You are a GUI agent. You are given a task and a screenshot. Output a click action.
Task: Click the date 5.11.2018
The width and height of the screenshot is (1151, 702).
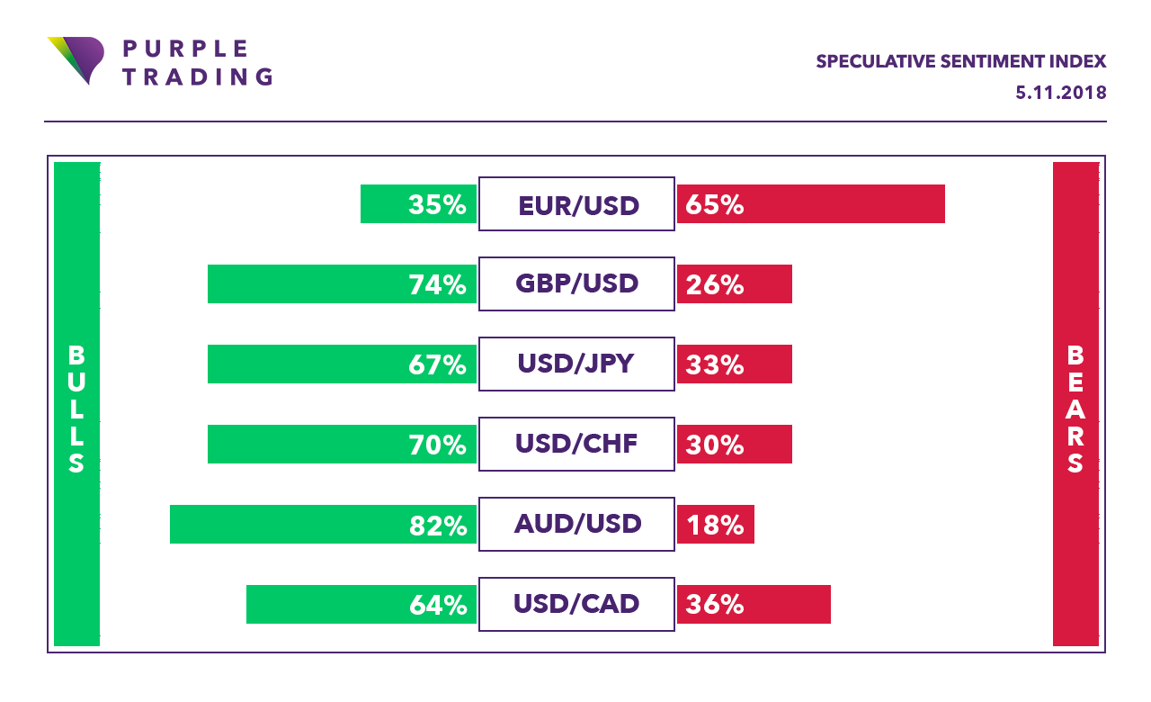(1060, 93)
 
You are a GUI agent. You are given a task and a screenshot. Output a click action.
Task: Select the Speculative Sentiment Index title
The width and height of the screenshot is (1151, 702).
(960, 61)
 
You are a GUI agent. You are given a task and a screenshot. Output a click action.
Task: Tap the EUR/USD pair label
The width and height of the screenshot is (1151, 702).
(576, 204)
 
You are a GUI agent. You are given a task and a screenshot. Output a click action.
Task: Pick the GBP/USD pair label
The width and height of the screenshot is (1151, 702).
(576, 284)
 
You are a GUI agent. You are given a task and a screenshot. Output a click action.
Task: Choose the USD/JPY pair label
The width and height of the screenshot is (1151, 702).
(576, 364)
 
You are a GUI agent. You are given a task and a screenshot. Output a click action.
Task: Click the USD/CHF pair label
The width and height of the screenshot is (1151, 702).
(576, 444)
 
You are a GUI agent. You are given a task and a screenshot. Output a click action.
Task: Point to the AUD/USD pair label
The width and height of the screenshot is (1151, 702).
(576, 524)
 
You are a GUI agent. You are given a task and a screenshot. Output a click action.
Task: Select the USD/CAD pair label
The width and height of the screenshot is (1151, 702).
(576, 604)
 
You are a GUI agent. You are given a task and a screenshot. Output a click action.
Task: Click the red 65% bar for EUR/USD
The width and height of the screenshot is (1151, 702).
(810, 204)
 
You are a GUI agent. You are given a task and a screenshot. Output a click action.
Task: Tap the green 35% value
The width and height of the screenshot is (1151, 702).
(437, 204)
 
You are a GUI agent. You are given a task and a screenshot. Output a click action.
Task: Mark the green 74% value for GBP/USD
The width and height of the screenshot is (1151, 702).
(437, 284)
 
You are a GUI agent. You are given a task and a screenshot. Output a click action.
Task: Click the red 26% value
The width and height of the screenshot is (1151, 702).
(715, 284)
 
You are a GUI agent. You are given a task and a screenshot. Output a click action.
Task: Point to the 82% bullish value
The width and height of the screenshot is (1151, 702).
(437, 524)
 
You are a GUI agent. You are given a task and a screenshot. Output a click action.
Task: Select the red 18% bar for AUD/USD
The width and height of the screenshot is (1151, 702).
(716, 524)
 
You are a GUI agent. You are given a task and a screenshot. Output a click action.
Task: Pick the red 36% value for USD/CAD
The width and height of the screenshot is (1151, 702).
(715, 604)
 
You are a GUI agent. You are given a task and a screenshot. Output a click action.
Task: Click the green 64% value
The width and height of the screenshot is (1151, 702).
(437, 604)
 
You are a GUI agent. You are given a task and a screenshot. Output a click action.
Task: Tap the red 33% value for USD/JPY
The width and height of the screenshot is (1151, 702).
(715, 364)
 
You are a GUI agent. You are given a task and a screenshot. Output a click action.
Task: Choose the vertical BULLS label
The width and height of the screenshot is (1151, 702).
(76, 409)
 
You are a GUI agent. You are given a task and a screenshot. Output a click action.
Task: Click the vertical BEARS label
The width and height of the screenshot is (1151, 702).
(1075, 409)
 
